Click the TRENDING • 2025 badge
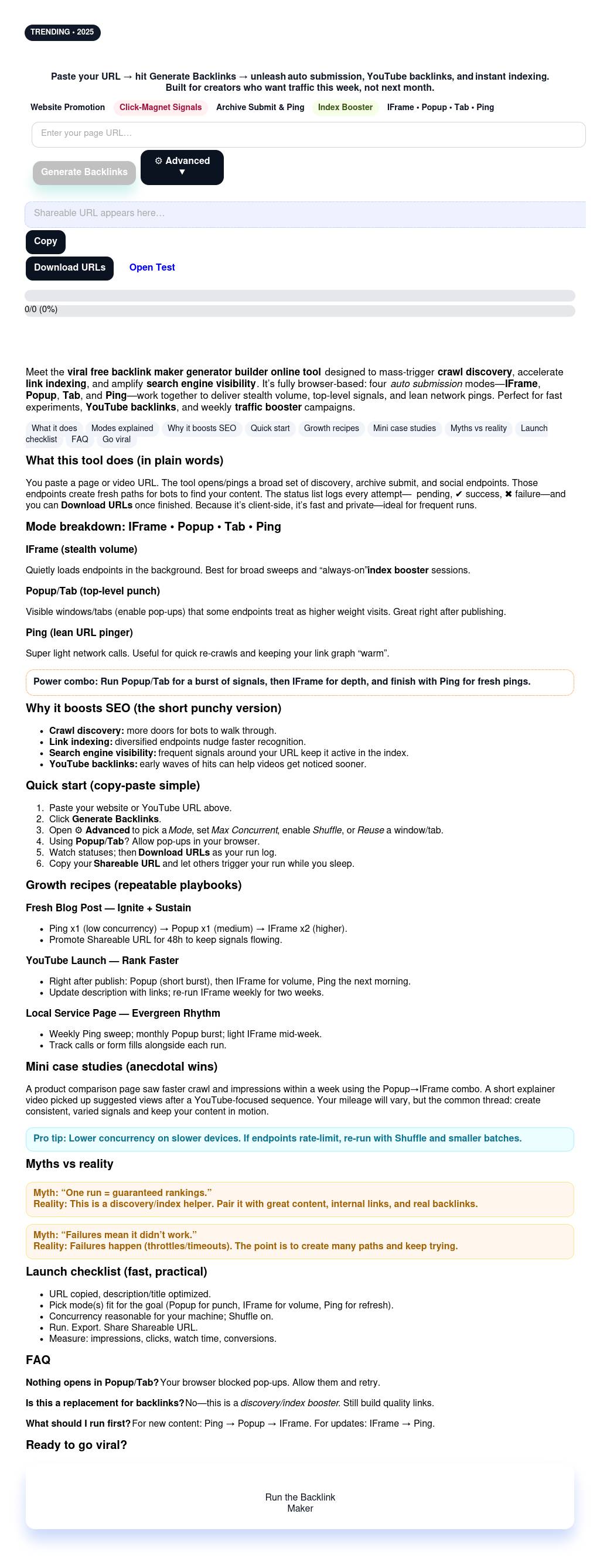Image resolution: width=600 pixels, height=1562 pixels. tap(62, 32)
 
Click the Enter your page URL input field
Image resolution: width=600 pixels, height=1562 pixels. tap(308, 134)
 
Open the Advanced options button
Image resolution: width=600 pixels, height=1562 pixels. tap(182, 167)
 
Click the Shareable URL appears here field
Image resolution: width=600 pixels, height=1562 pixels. tap(305, 214)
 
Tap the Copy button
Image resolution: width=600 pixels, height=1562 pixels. tap(46, 241)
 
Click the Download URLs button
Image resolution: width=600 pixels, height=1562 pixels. tap(69, 268)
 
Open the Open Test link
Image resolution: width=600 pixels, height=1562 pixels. tap(152, 268)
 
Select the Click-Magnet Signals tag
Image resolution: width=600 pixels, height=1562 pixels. tap(160, 108)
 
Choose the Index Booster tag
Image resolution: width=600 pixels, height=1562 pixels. tap(345, 108)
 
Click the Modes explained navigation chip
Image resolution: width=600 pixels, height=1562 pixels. tap(122, 429)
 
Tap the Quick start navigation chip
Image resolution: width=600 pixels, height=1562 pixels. tap(270, 429)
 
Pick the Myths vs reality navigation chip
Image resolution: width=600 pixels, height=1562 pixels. tap(478, 429)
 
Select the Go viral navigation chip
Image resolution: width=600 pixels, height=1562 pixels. tap(117, 440)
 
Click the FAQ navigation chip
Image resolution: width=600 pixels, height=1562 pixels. tap(80, 440)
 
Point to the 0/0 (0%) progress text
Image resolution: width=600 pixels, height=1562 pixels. tap(41, 310)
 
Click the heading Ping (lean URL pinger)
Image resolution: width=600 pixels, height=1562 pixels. tap(79, 633)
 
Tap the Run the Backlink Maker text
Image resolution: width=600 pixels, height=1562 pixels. tap(299, 1503)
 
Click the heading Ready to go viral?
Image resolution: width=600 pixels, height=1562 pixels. tap(76, 1445)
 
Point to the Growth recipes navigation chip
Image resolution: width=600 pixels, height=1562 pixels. tap(331, 429)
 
